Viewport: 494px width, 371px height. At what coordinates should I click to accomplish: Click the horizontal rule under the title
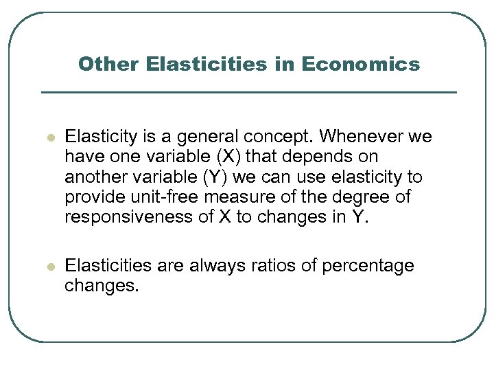(248, 92)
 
